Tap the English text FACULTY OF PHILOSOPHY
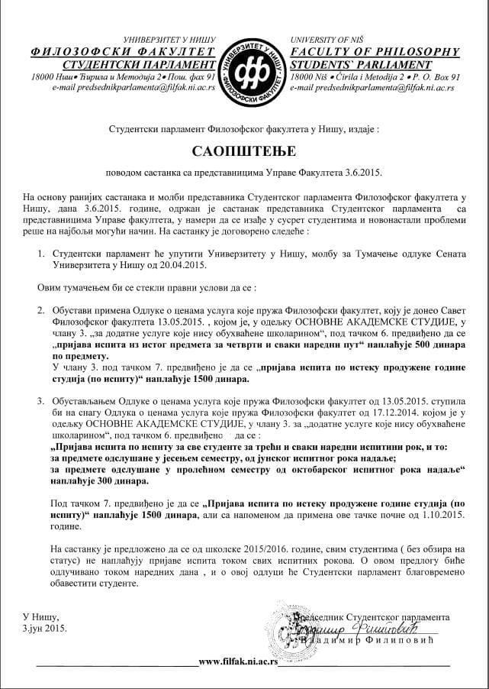point(375,52)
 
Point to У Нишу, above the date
point(40,616)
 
